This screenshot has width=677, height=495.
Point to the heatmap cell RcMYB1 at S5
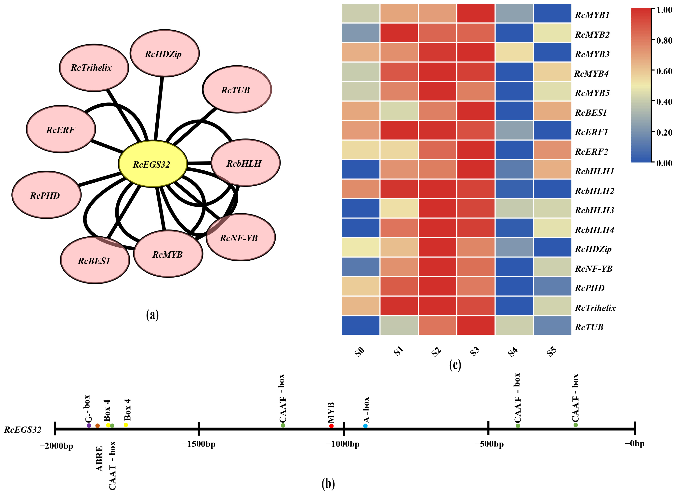[x=552, y=14]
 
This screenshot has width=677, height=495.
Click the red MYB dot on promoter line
[x=331, y=426]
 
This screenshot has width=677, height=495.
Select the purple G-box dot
[x=89, y=425]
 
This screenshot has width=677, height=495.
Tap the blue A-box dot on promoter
[x=365, y=426]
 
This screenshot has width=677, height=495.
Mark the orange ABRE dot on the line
[x=97, y=425]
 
